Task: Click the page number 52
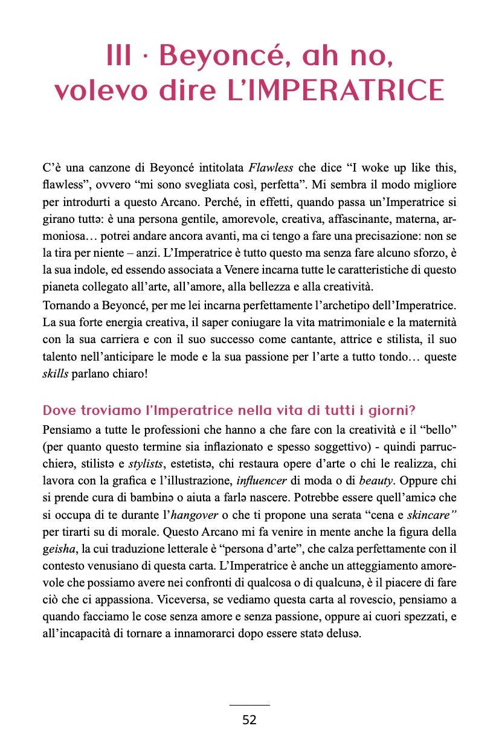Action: pos(249,720)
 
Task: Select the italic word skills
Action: pos(56,374)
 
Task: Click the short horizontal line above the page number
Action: pos(249,704)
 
